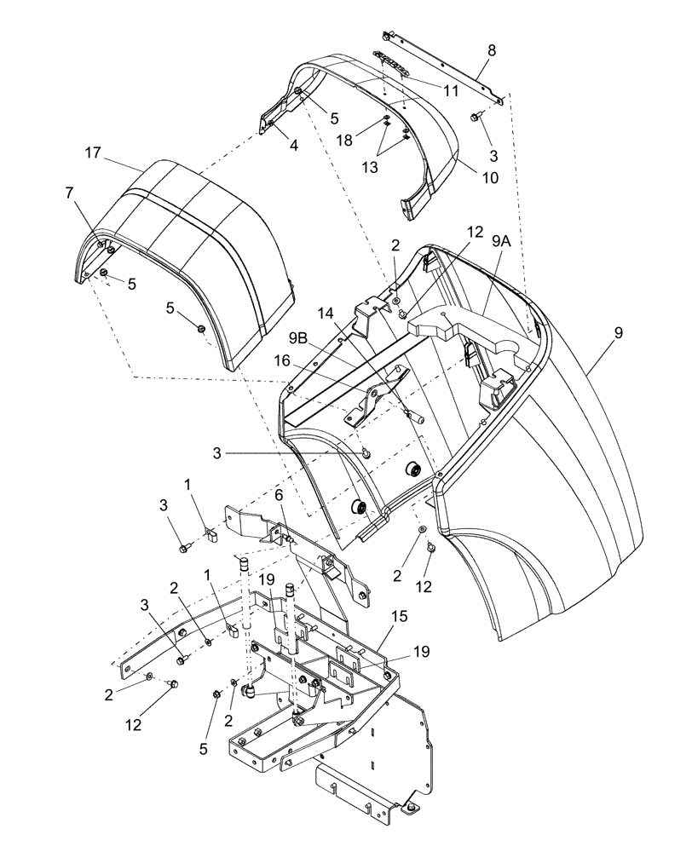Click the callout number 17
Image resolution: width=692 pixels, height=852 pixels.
coord(93,153)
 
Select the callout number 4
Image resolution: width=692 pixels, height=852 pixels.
coord(270,146)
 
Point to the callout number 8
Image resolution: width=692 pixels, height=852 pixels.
coord(491,50)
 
